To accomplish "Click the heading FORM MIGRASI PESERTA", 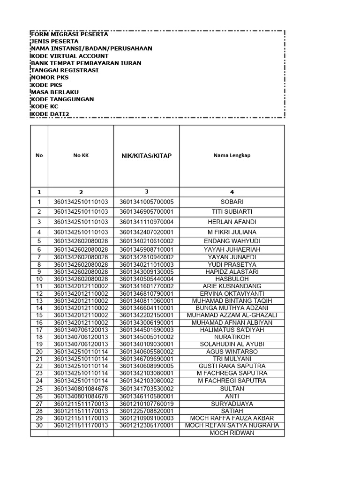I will [69, 34].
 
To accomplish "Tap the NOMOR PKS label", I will [49, 78].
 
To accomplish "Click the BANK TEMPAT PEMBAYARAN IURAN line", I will [86, 63].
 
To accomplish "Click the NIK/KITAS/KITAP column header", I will [146, 156].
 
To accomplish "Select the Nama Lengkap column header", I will [232, 155].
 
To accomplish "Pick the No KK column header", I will [81, 155].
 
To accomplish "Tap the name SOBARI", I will [232, 202].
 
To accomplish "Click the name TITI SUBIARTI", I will [232, 212].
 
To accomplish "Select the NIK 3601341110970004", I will [146, 222].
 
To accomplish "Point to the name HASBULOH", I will [232, 279].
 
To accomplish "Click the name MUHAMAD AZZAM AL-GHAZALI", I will [232, 315].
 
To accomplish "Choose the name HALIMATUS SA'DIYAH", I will [232, 330].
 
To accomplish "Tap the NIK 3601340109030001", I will [146, 345].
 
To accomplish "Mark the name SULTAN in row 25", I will [232, 389].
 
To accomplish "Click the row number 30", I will [39, 426].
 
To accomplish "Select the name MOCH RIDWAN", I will [232, 433].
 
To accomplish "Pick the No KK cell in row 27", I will [81, 404].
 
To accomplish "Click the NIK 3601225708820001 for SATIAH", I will [146, 411].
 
